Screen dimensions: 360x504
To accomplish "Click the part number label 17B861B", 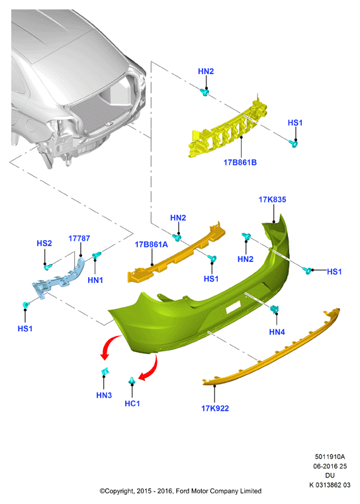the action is coord(240,162).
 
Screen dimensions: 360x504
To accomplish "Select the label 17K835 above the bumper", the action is coord(272,199).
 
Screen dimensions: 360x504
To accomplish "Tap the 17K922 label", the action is coord(215,408).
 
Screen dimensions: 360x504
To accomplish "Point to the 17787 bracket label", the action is coord(79,238).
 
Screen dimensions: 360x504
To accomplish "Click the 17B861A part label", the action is coord(151,244).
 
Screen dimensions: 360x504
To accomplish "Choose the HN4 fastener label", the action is coord(277,332).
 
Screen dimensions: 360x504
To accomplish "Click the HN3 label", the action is coord(104,395).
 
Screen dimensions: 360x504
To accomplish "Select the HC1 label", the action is coord(132,403).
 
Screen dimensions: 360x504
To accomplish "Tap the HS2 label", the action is coord(44,243).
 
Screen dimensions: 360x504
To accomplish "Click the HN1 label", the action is coord(95,280).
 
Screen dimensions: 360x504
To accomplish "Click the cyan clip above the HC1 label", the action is coord(132,380).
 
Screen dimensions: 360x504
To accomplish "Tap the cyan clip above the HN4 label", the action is coord(275,310).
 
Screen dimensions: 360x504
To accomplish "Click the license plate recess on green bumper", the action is coord(234,308).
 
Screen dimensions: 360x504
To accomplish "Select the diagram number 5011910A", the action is coord(330,456).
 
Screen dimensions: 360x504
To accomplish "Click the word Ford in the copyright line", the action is coord(183,491).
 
